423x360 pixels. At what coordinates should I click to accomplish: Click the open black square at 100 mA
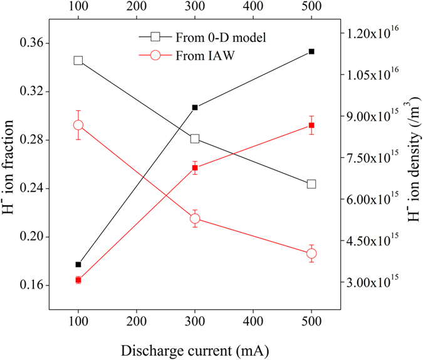point(78,61)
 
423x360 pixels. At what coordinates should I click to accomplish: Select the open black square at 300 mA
point(195,138)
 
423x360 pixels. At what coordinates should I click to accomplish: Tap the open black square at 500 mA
point(311,184)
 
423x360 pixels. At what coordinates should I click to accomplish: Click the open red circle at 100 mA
point(78,125)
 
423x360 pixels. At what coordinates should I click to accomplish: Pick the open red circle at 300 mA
point(195,219)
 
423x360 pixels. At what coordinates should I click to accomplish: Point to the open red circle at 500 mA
point(311,254)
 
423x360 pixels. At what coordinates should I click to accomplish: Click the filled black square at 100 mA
point(78,265)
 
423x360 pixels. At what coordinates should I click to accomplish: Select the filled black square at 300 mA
point(195,108)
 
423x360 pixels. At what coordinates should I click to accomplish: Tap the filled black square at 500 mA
point(311,51)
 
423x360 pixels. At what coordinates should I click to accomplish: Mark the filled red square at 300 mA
point(195,168)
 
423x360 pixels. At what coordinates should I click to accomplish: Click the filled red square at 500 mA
point(311,126)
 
